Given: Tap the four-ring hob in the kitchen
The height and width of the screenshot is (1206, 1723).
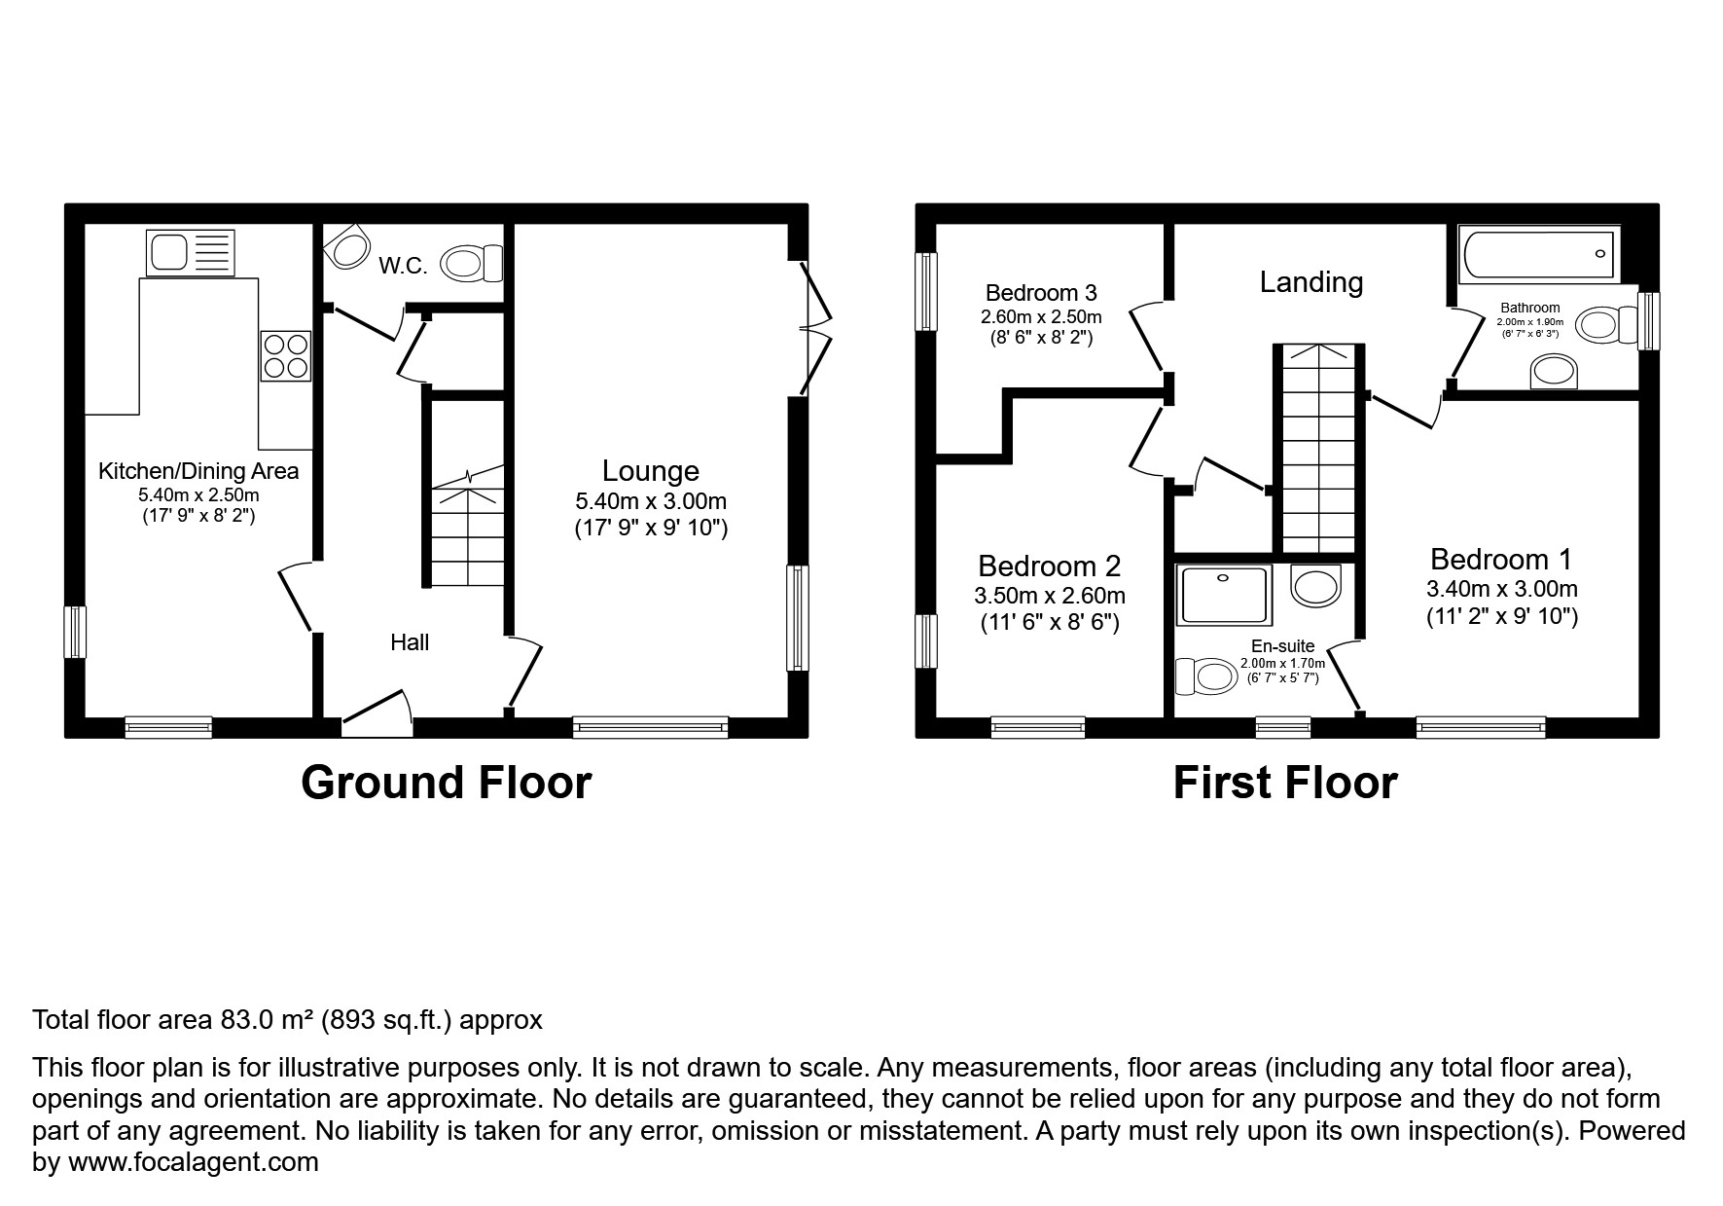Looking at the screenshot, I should [285, 355].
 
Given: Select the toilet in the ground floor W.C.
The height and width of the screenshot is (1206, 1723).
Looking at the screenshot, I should [471, 263].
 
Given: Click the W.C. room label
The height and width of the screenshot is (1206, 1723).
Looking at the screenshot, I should [403, 266].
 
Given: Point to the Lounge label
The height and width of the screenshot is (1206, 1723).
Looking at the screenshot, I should [650, 471].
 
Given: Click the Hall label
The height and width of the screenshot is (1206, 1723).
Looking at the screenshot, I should [410, 642].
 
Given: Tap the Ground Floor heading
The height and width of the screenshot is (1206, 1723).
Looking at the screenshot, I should [446, 783].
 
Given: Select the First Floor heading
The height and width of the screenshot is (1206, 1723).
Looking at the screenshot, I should [1284, 783].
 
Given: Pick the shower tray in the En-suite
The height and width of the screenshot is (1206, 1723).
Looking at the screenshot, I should [1223, 596].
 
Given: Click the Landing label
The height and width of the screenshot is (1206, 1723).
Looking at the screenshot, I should [1310, 282].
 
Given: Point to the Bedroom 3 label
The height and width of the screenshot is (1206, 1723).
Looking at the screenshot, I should [1041, 293].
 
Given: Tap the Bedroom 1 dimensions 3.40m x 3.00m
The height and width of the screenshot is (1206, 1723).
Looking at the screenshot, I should [1501, 589].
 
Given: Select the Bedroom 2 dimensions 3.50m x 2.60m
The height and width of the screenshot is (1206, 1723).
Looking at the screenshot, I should [1049, 596].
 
